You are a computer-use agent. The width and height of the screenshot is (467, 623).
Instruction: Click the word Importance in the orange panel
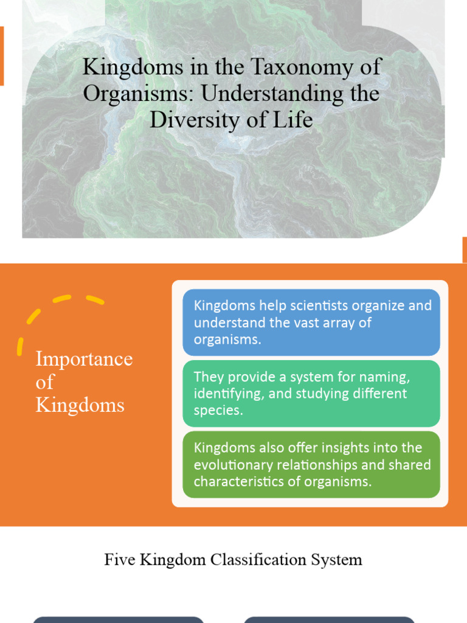coord(84,358)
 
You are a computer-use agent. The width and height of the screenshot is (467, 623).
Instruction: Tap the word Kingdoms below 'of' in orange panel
coord(80,405)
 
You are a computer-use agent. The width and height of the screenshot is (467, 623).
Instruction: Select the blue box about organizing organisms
coord(311,322)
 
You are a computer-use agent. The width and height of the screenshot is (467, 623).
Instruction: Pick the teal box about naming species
coord(311,393)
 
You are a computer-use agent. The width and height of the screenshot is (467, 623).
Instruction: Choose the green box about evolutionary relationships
coord(311,464)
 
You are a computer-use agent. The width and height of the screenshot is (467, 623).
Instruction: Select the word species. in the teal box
coord(218,410)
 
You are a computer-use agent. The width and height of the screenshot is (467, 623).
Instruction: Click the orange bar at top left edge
coord(2,55)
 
